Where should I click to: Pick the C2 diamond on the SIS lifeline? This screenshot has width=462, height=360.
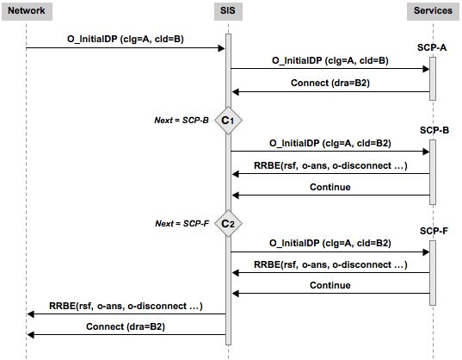[x=228, y=224]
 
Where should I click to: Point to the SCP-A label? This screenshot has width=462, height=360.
[x=432, y=47]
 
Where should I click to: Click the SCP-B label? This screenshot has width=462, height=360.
[x=432, y=129]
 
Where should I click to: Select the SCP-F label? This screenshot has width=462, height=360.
[x=432, y=232]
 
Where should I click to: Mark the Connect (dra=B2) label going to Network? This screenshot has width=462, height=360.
[x=126, y=326]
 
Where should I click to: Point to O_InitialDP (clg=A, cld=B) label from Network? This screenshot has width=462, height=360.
[x=126, y=39]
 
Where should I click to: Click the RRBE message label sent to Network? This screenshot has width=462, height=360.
[x=126, y=305]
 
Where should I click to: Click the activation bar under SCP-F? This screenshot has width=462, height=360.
[x=432, y=272]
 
